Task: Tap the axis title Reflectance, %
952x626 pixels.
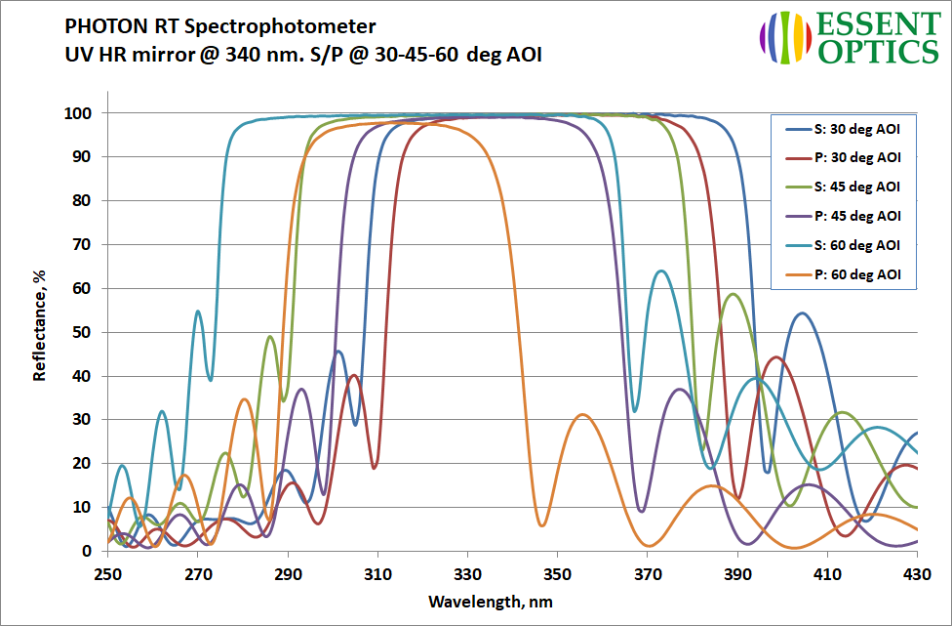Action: click(x=40, y=327)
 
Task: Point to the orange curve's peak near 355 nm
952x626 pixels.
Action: click(x=582, y=415)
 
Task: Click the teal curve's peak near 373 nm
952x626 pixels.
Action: click(x=662, y=271)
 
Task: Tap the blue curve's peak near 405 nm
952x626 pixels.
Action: click(x=802, y=313)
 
